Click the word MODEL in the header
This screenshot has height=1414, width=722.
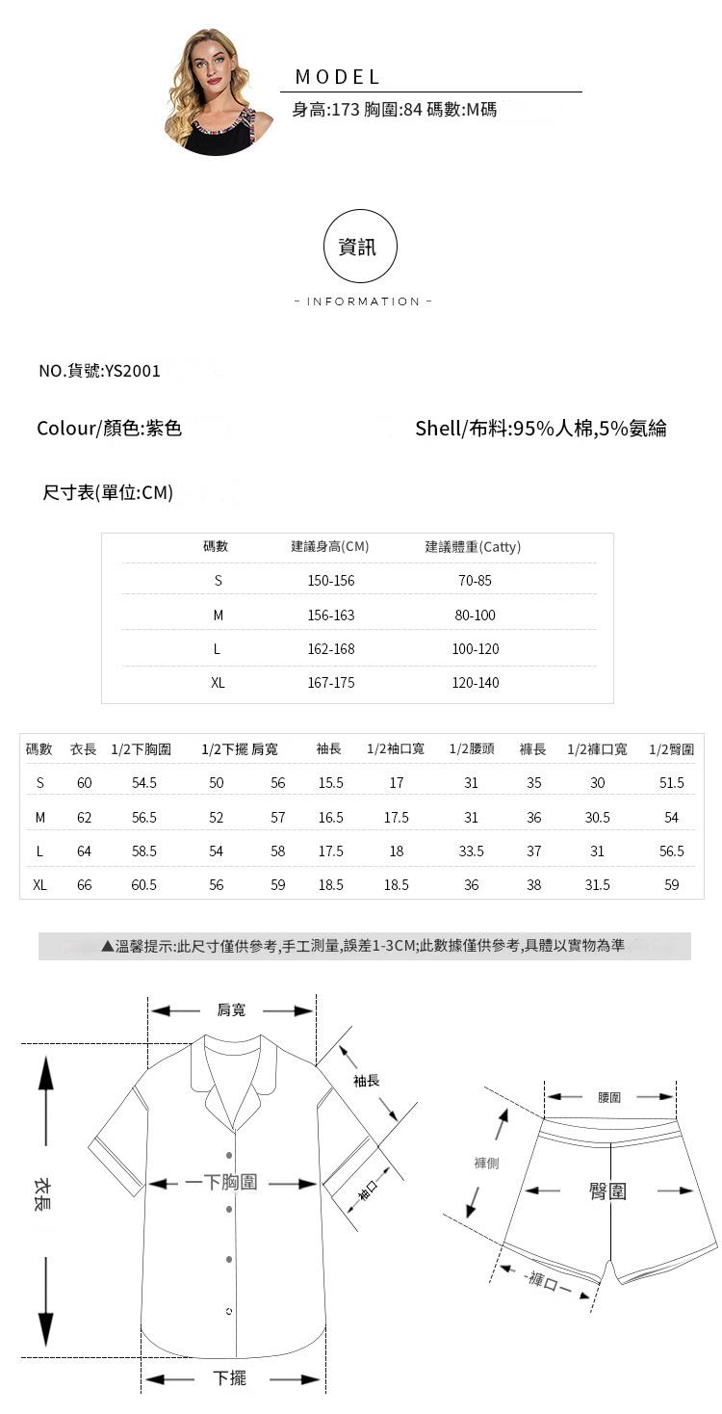338,77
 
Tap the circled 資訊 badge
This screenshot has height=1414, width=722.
360,247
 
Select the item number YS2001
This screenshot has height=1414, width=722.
134,371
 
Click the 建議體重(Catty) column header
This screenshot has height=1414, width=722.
473,547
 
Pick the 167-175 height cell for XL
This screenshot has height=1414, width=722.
331,683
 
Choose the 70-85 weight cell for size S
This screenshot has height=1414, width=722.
476,581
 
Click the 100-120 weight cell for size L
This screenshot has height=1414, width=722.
476,649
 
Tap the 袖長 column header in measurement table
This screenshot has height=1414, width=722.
329,748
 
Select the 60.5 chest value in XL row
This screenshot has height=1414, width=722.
144,884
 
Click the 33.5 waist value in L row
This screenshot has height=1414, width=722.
472,851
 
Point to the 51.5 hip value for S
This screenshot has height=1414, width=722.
672,783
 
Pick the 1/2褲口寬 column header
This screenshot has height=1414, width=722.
597,748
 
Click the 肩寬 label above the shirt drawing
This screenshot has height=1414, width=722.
231,1009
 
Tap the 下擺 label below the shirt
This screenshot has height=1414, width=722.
229,1378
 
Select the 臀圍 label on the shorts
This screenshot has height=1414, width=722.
607,1191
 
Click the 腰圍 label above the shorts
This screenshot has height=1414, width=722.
609,1097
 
